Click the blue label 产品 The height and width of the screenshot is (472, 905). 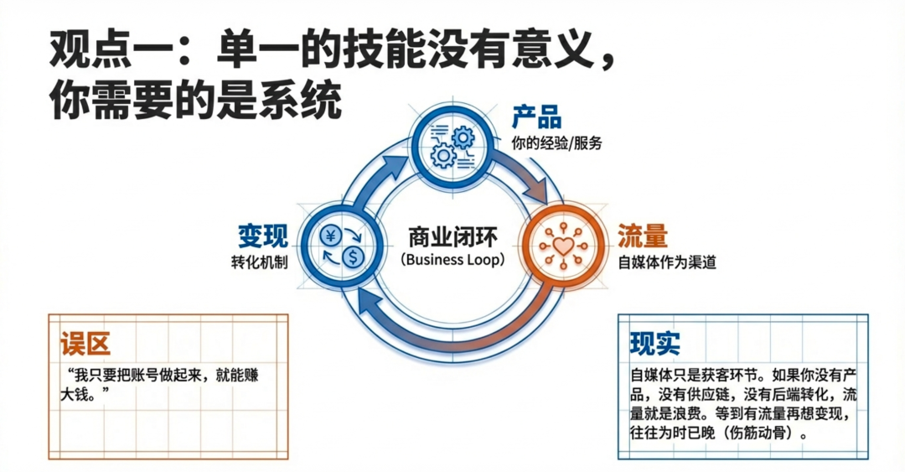pos(536,117)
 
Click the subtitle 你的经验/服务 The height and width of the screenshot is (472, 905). pos(556,143)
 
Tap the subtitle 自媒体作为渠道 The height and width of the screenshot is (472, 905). pos(666,262)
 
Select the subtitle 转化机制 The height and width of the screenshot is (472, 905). pos(260,262)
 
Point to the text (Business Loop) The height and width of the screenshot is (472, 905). pos(452,260)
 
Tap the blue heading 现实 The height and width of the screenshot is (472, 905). pos(654,343)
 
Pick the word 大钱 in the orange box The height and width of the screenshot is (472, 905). pos(78,393)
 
